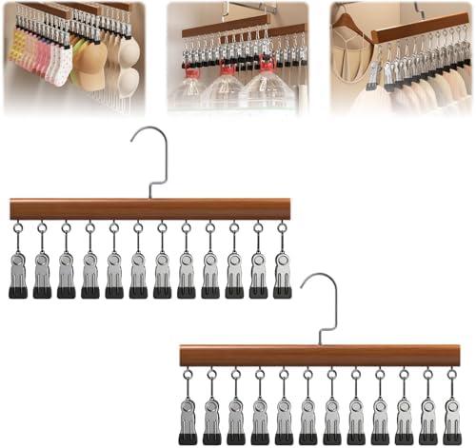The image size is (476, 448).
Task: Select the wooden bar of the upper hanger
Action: pos(149,209)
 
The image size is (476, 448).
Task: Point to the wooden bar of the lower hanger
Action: pos(319,357)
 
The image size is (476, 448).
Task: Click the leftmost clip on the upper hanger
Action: pos(17,276)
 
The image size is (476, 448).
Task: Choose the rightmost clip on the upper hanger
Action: pos(283,276)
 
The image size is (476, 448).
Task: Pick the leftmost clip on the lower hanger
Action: pos(188,423)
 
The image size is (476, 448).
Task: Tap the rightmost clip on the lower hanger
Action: pos(452,423)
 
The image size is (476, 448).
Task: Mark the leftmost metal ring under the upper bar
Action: pos(17,228)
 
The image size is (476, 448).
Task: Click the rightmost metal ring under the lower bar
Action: pos(452,375)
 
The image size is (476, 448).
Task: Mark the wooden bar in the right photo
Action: pos(419,26)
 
